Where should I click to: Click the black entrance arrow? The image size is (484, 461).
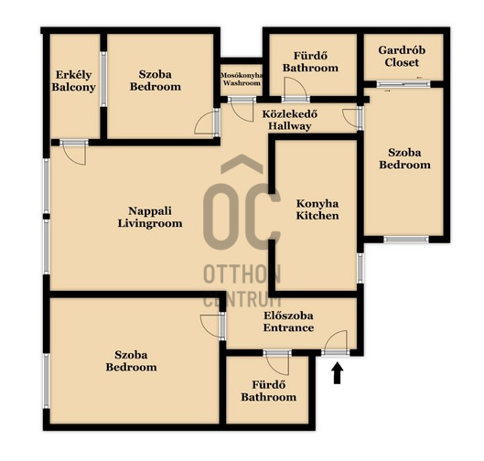338,373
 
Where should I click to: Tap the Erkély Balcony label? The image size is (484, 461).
73,80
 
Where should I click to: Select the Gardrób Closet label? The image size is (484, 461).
402,56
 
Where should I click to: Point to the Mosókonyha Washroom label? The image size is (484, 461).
242,80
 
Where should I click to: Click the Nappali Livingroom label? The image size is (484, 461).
150,217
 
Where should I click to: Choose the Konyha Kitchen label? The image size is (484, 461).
317,209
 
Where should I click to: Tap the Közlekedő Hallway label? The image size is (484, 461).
289,120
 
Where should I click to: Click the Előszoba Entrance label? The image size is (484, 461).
288,322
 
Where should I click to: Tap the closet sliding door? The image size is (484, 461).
403,84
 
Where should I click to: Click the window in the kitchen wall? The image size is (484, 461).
360,268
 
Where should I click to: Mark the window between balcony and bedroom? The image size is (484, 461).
103,80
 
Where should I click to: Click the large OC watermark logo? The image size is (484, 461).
242,203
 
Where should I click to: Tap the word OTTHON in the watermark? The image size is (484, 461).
242,274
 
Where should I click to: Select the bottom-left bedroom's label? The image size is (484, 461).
131,361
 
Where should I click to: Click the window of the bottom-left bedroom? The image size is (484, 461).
47,381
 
